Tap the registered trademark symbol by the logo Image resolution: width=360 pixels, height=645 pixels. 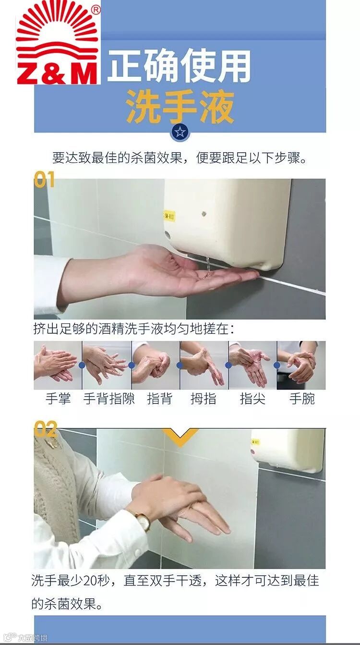pos(96,11)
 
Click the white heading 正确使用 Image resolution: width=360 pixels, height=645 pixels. pos(179,66)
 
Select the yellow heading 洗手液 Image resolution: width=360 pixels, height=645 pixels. pos(180,107)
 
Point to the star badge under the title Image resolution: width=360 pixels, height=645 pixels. pos(180,132)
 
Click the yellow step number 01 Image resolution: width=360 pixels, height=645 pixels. pos(44,179)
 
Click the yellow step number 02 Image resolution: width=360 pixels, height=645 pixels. pos(46,429)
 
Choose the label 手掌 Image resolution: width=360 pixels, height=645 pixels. pos(58,399)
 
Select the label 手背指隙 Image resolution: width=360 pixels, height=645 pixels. pos(109,399)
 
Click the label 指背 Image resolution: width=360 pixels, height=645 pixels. pos(160,399)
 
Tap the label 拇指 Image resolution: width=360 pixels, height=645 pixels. pos(204,399)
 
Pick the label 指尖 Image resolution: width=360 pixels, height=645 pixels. pos(252,399)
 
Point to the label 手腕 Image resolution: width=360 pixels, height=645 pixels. pos(302,399)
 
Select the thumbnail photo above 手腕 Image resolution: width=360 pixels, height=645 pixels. pos(301,365)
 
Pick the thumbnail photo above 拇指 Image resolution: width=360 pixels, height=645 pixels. pos(204,365)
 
